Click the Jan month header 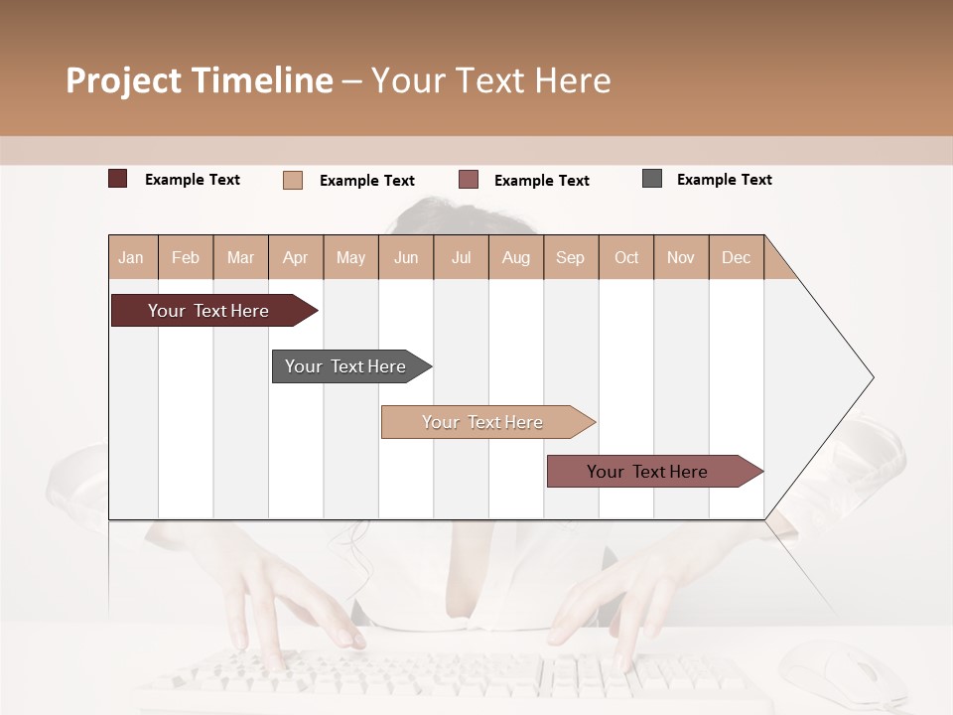[x=132, y=257]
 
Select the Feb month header [x=186, y=257]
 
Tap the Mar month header [x=240, y=257]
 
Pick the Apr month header [x=296, y=257]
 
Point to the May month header [x=350, y=257]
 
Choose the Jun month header [x=406, y=257]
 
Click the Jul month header [x=461, y=257]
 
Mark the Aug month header [x=516, y=257]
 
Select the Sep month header [x=571, y=257]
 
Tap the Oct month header [x=626, y=257]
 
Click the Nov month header [x=681, y=257]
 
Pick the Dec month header [x=737, y=257]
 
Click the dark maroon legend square [x=118, y=179]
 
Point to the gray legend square [x=652, y=179]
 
